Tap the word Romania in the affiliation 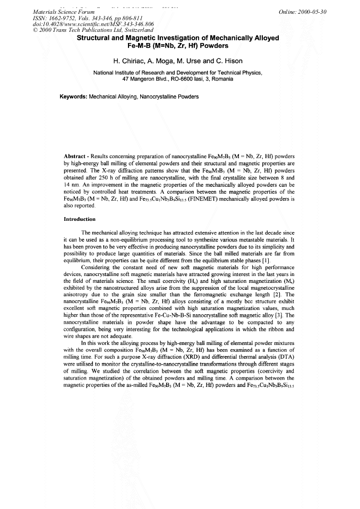click(221, 79)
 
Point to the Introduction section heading click(80, 219)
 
